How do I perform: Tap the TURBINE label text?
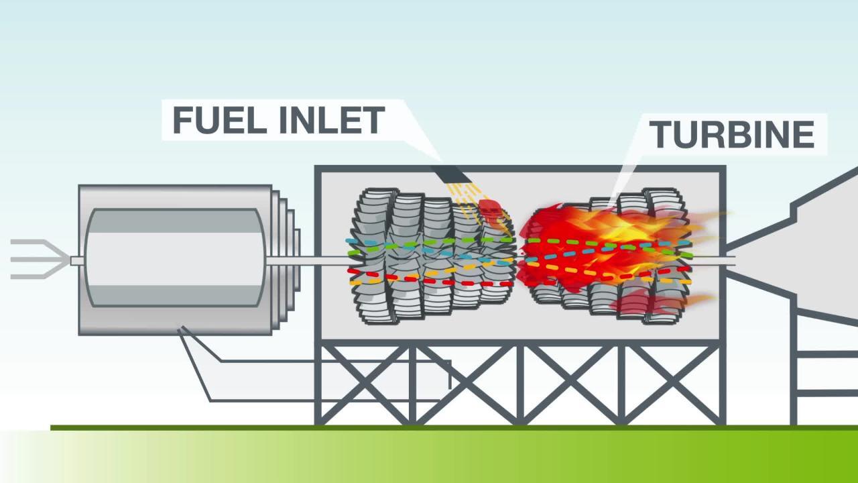click(731, 134)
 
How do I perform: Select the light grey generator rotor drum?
click(174, 258)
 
